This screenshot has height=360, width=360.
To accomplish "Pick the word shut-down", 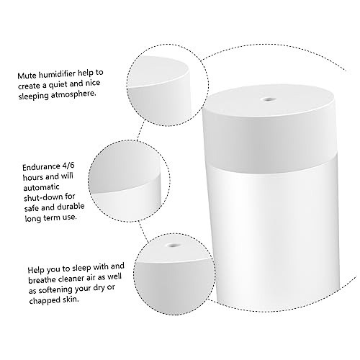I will (40, 196).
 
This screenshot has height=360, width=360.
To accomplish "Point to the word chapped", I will (43, 298).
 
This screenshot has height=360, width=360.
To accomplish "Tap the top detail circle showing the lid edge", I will (161, 77).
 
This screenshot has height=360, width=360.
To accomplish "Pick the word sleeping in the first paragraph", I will (37, 94).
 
